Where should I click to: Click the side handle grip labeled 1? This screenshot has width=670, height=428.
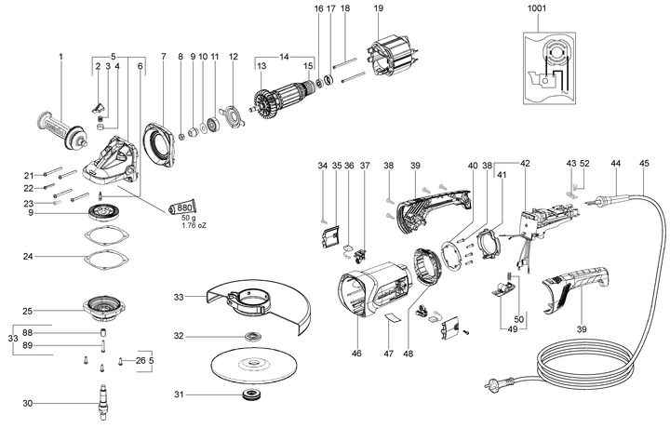(62, 130)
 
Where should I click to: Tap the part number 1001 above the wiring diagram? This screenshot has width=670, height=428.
(537, 8)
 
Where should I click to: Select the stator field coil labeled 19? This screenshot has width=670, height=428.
(393, 59)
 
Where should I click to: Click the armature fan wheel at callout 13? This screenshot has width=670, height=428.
(261, 103)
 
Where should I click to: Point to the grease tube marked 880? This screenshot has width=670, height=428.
(182, 208)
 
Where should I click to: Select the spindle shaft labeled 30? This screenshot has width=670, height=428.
(101, 403)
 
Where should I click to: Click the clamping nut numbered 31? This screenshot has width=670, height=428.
(248, 395)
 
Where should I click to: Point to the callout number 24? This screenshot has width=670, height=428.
(28, 257)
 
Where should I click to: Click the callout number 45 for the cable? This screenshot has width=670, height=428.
(644, 163)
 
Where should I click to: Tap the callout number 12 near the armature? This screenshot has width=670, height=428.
(233, 57)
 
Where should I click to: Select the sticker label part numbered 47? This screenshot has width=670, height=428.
(392, 318)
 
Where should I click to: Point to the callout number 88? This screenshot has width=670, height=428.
(28, 332)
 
